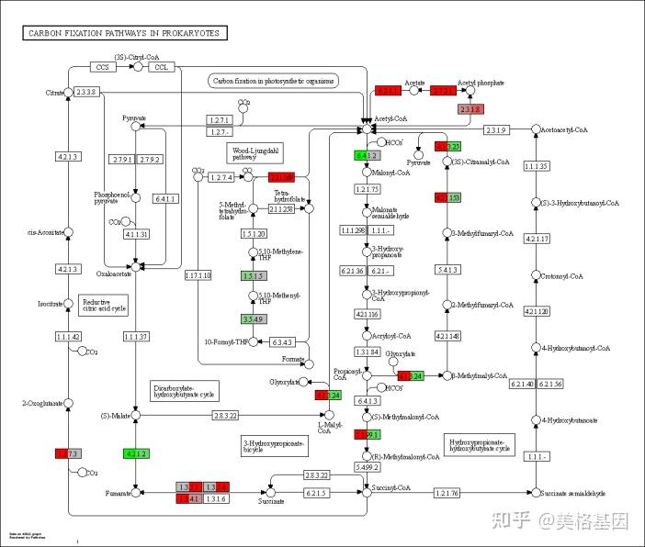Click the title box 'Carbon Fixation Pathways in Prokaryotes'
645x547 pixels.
pos(126,33)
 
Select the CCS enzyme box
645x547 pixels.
pos(103,67)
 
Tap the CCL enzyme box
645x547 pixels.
pos(162,67)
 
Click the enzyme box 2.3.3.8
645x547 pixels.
pos(86,93)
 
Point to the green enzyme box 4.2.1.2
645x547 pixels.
pos(136,453)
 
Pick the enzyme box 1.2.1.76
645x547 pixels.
pos(446,494)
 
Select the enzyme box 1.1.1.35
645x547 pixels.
pos(536,165)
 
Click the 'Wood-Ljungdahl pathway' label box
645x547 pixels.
pos(243,152)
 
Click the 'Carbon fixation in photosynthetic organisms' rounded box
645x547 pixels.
pos(274,81)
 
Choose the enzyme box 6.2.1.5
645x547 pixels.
pos(316,494)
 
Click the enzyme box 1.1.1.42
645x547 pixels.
pos(68,338)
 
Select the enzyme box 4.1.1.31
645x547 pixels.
pos(136,234)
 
